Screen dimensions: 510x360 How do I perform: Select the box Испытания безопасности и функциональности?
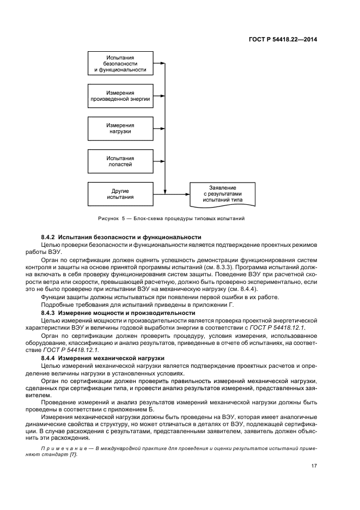click(120, 63)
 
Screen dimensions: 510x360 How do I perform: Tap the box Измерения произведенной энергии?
click(120, 96)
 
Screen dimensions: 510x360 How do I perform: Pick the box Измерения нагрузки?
click(120, 128)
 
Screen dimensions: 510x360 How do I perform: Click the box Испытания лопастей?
click(120, 160)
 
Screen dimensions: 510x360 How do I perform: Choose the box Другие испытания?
click(120, 193)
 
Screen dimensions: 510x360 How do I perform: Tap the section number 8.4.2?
click(50, 237)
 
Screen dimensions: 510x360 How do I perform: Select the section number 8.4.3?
click(50, 313)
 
